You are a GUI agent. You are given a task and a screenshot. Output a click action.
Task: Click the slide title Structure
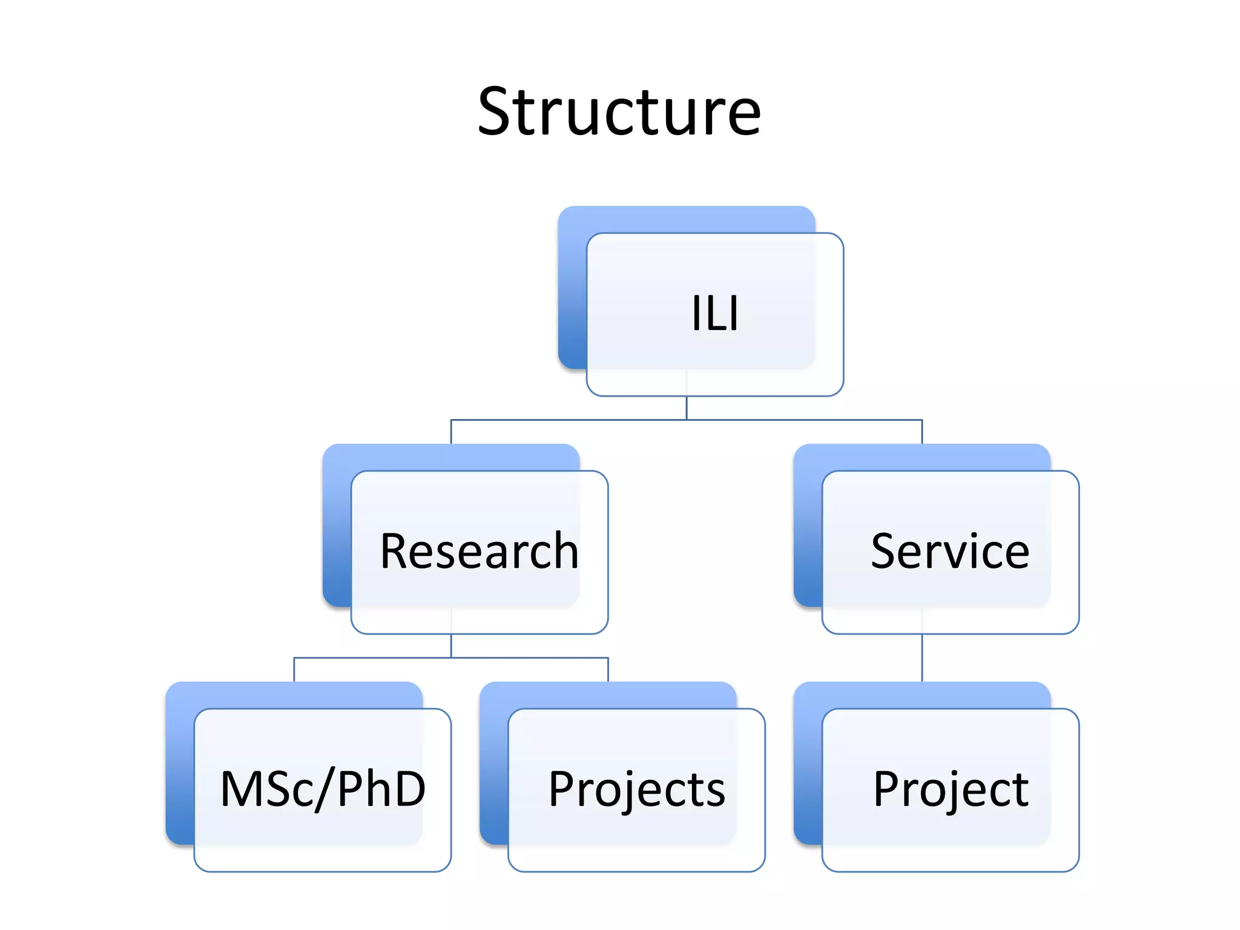pos(619,112)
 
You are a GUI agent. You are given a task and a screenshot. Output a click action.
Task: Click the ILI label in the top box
pos(715,314)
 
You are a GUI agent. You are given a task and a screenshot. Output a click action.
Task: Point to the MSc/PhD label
pos(323,789)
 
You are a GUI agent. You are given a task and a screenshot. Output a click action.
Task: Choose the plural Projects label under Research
pos(636,789)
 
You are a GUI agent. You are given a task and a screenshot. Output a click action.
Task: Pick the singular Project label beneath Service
pos(951,789)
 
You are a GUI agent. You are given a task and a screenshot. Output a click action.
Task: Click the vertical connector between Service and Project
pos(922,658)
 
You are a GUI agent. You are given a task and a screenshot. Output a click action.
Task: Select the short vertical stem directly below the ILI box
pos(687,408)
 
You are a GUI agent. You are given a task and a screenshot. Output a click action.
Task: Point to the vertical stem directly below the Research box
pos(451,645)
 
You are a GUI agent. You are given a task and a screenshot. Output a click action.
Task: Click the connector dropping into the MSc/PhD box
pos(294,670)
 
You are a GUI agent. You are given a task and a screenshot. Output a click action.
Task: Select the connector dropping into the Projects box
pos(608,670)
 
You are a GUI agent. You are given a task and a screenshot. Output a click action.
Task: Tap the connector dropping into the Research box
pos(451,432)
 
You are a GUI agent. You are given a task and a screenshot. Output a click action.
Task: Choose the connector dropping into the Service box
pos(922,432)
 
